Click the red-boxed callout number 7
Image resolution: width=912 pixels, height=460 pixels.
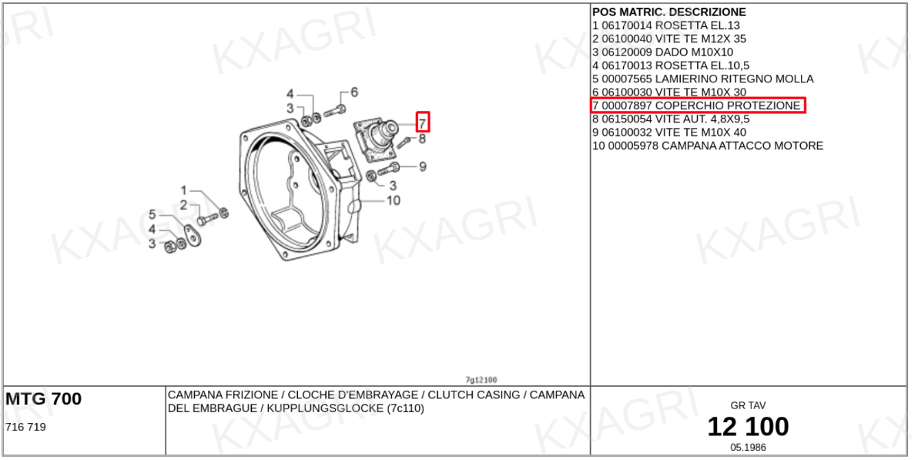coord(423,122)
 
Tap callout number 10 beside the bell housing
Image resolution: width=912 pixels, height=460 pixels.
coord(393,200)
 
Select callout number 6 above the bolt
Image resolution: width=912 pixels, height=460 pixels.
coord(354,93)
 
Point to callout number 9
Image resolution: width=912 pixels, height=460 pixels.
coord(423,167)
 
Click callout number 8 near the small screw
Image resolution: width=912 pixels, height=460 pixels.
coord(422,139)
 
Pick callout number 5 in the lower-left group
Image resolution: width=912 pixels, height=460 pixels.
coord(152,214)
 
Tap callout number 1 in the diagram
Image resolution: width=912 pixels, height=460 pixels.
coord(184,190)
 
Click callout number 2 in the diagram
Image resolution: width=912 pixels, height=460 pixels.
coord(184,205)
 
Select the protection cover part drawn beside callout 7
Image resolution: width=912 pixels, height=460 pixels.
coord(375,139)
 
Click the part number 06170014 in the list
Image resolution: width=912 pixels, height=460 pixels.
coord(627,25)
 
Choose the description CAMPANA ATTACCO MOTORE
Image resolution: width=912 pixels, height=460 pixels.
coord(743,146)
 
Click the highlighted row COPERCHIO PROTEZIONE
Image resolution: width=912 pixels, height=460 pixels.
coord(698,106)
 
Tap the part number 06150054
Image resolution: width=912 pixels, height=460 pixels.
coord(627,119)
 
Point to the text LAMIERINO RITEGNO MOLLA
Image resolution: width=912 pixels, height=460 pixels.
coord(734,79)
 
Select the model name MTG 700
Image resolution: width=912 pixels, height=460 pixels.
coord(43,398)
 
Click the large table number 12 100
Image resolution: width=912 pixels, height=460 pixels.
coord(748,426)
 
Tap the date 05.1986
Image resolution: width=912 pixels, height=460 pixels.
coord(748,448)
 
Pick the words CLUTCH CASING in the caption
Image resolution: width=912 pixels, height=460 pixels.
coord(474,395)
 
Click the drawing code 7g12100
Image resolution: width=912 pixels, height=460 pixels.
coord(481,380)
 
